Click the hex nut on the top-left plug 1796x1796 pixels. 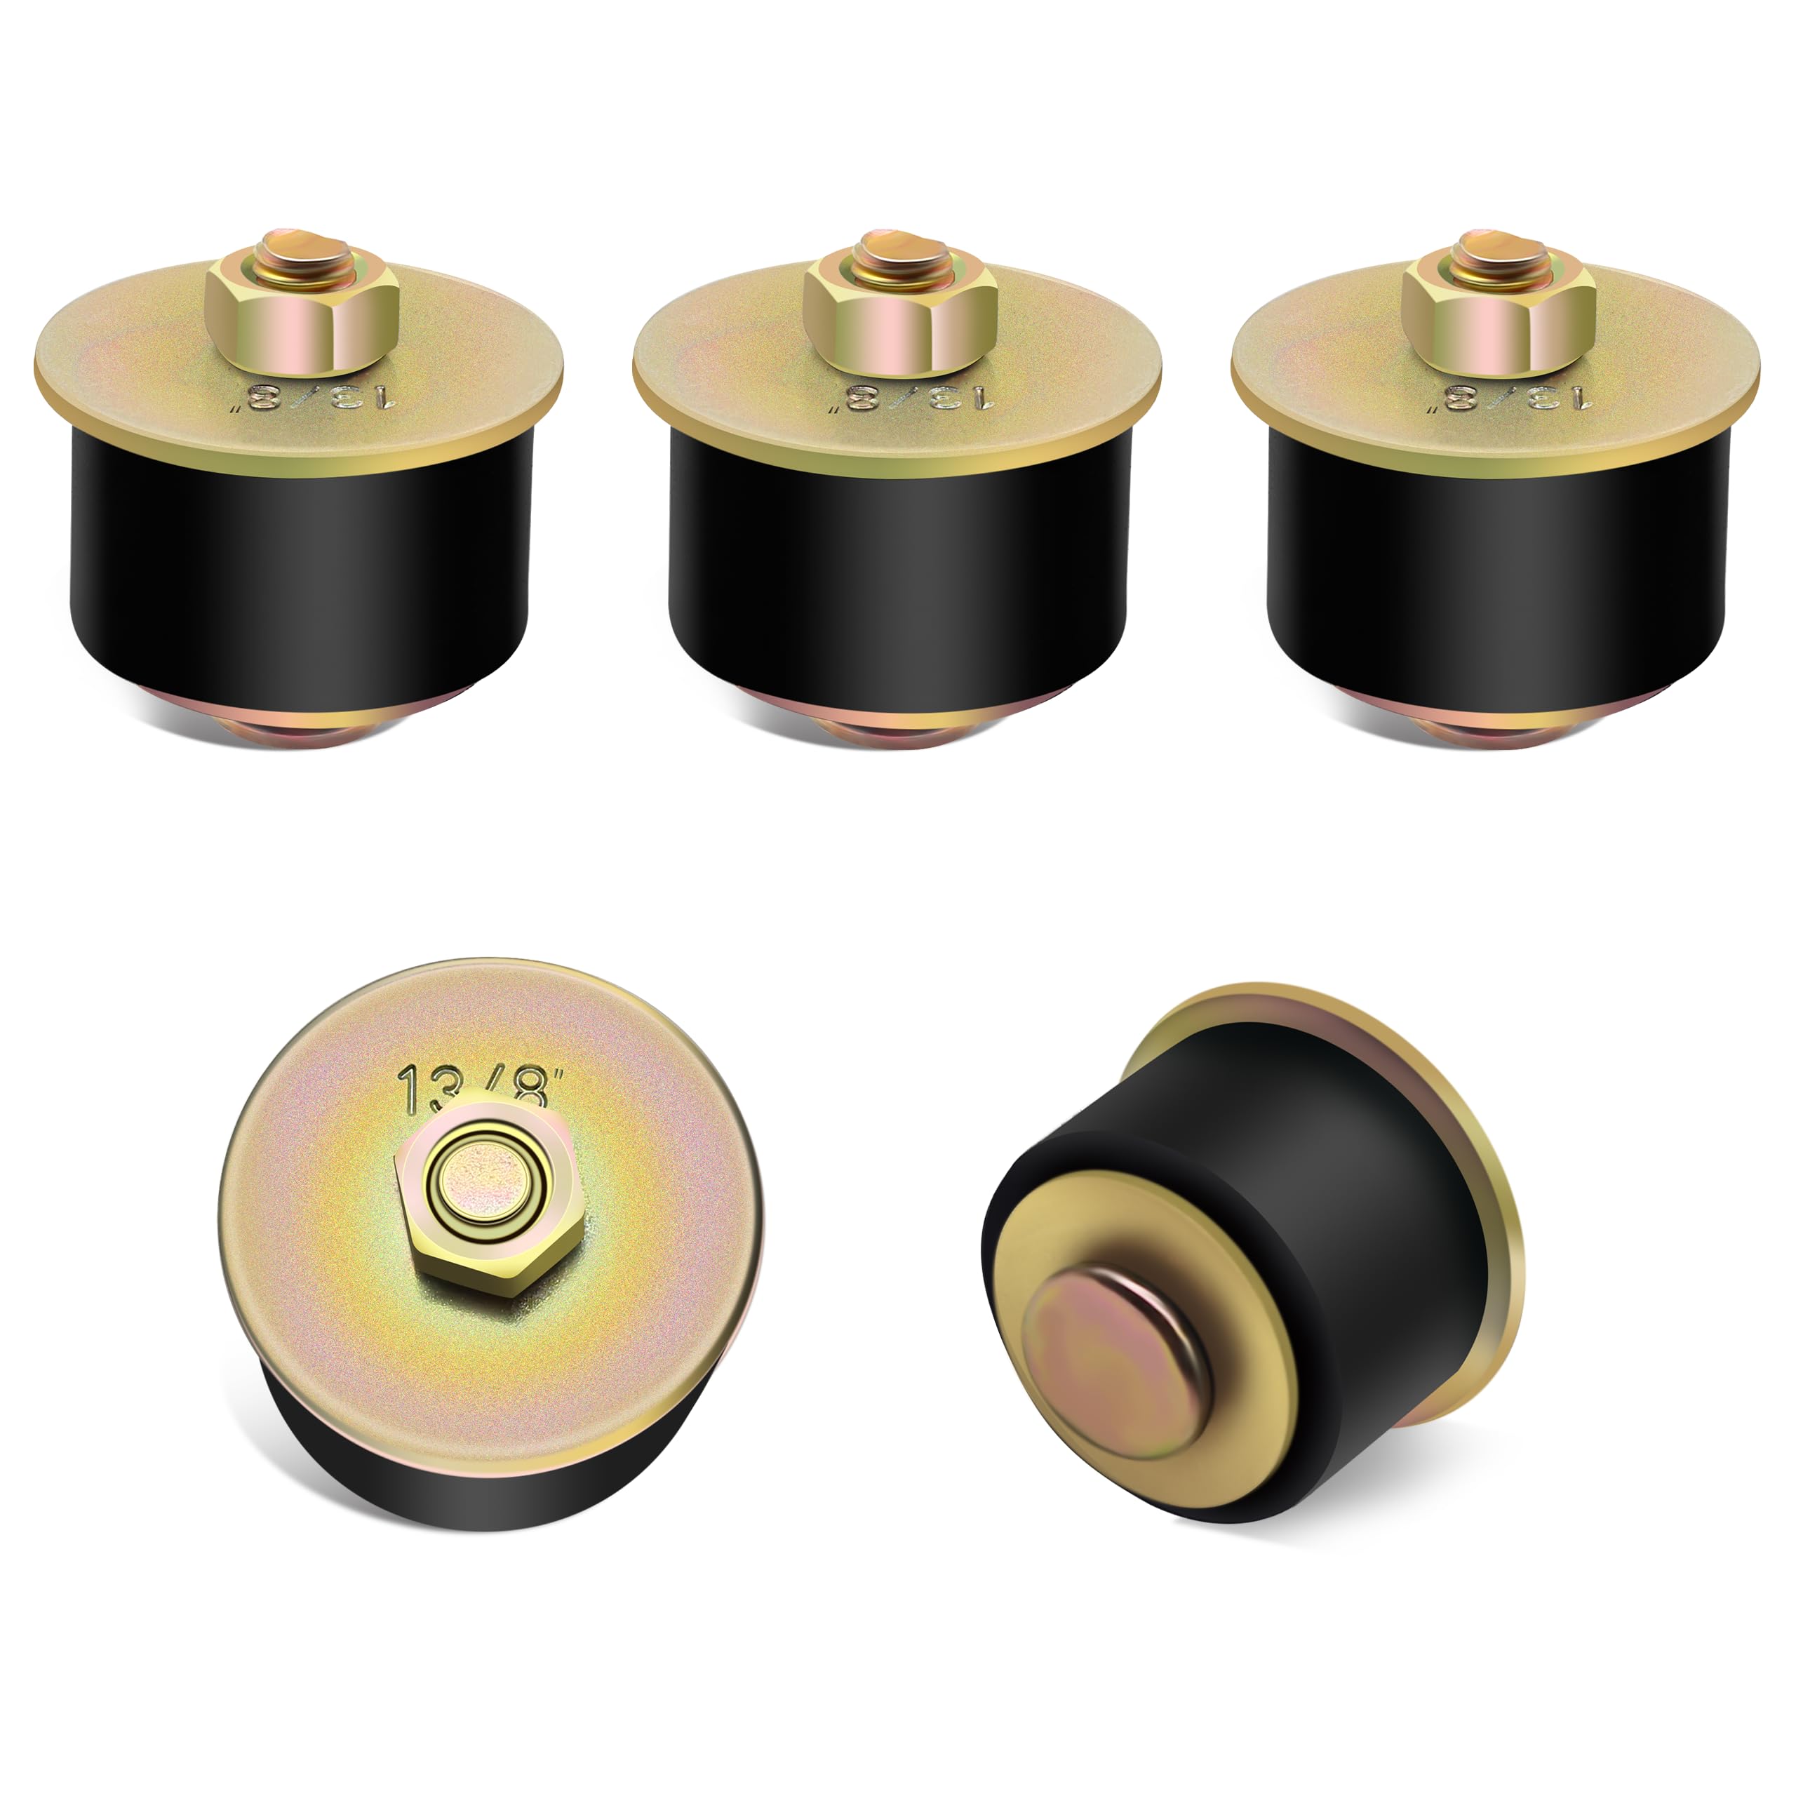point(302,321)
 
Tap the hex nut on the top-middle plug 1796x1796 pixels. point(900,321)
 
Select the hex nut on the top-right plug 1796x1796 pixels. point(1499,321)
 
